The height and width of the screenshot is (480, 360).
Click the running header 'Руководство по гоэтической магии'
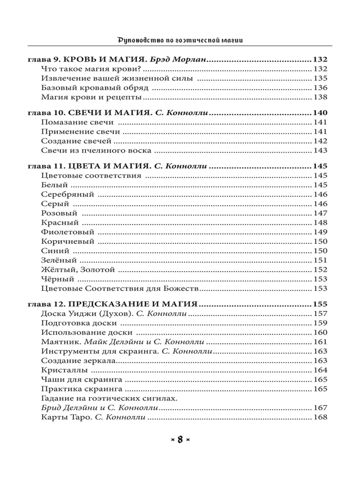[x=180, y=40]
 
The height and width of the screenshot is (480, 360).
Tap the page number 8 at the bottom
[x=180, y=440]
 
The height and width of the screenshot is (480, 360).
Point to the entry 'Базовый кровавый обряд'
[x=95, y=88]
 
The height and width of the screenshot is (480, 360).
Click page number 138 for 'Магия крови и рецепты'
[x=320, y=97]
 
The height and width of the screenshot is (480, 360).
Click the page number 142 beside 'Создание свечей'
[x=320, y=141]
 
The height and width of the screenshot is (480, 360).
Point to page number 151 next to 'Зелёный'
[x=320, y=260]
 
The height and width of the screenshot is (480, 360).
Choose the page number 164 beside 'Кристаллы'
[x=320, y=370]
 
